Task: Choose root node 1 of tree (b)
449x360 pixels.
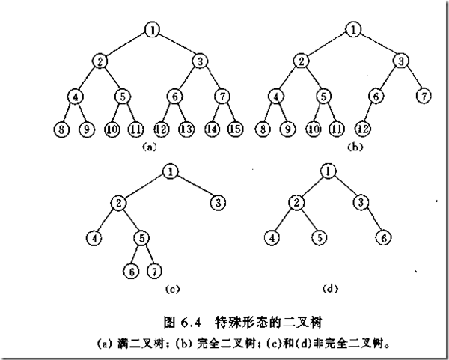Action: [x=352, y=31]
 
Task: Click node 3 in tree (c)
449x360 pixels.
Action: [x=216, y=203]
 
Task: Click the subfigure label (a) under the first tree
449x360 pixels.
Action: [x=149, y=148]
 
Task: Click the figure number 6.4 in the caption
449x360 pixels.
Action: [x=192, y=323]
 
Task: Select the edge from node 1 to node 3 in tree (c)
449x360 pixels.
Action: [x=194, y=187]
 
